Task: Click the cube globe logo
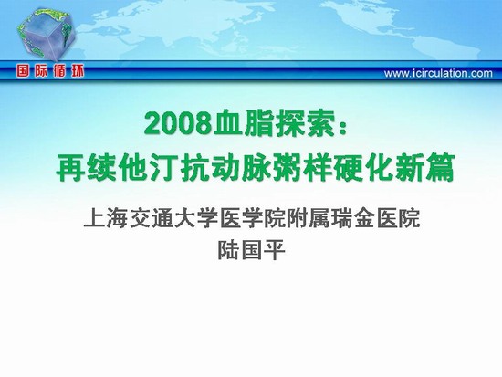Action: [x=47, y=35]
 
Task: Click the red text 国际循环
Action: [x=50, y=71]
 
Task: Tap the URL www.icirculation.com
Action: [x=438, y=73]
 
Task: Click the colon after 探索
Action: [x=344, y=126]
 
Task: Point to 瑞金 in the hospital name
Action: [x=353, y=218]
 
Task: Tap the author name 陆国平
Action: [x=251, y=250]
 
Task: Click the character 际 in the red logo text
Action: [x=42, y=71]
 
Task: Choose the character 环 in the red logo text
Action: [x=77, y=71]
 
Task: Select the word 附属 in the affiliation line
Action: [x=308, y=218]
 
